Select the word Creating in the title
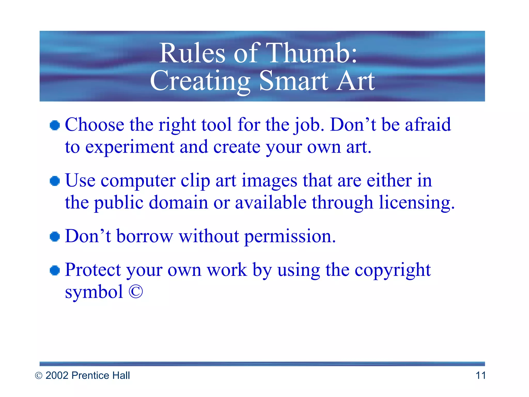click(200, 81)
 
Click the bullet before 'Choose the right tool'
click(55, 125)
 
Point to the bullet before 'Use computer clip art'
click(55, 181)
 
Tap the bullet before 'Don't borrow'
click(55, 236)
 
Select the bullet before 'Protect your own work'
click(55, 271)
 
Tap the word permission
click(290, 236)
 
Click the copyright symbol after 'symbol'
click(136, 292)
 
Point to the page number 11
click(480, 375)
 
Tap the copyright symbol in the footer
click(38, 376)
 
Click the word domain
click(178, 203)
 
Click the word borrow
click(145, 236)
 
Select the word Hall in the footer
click(121, 375)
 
